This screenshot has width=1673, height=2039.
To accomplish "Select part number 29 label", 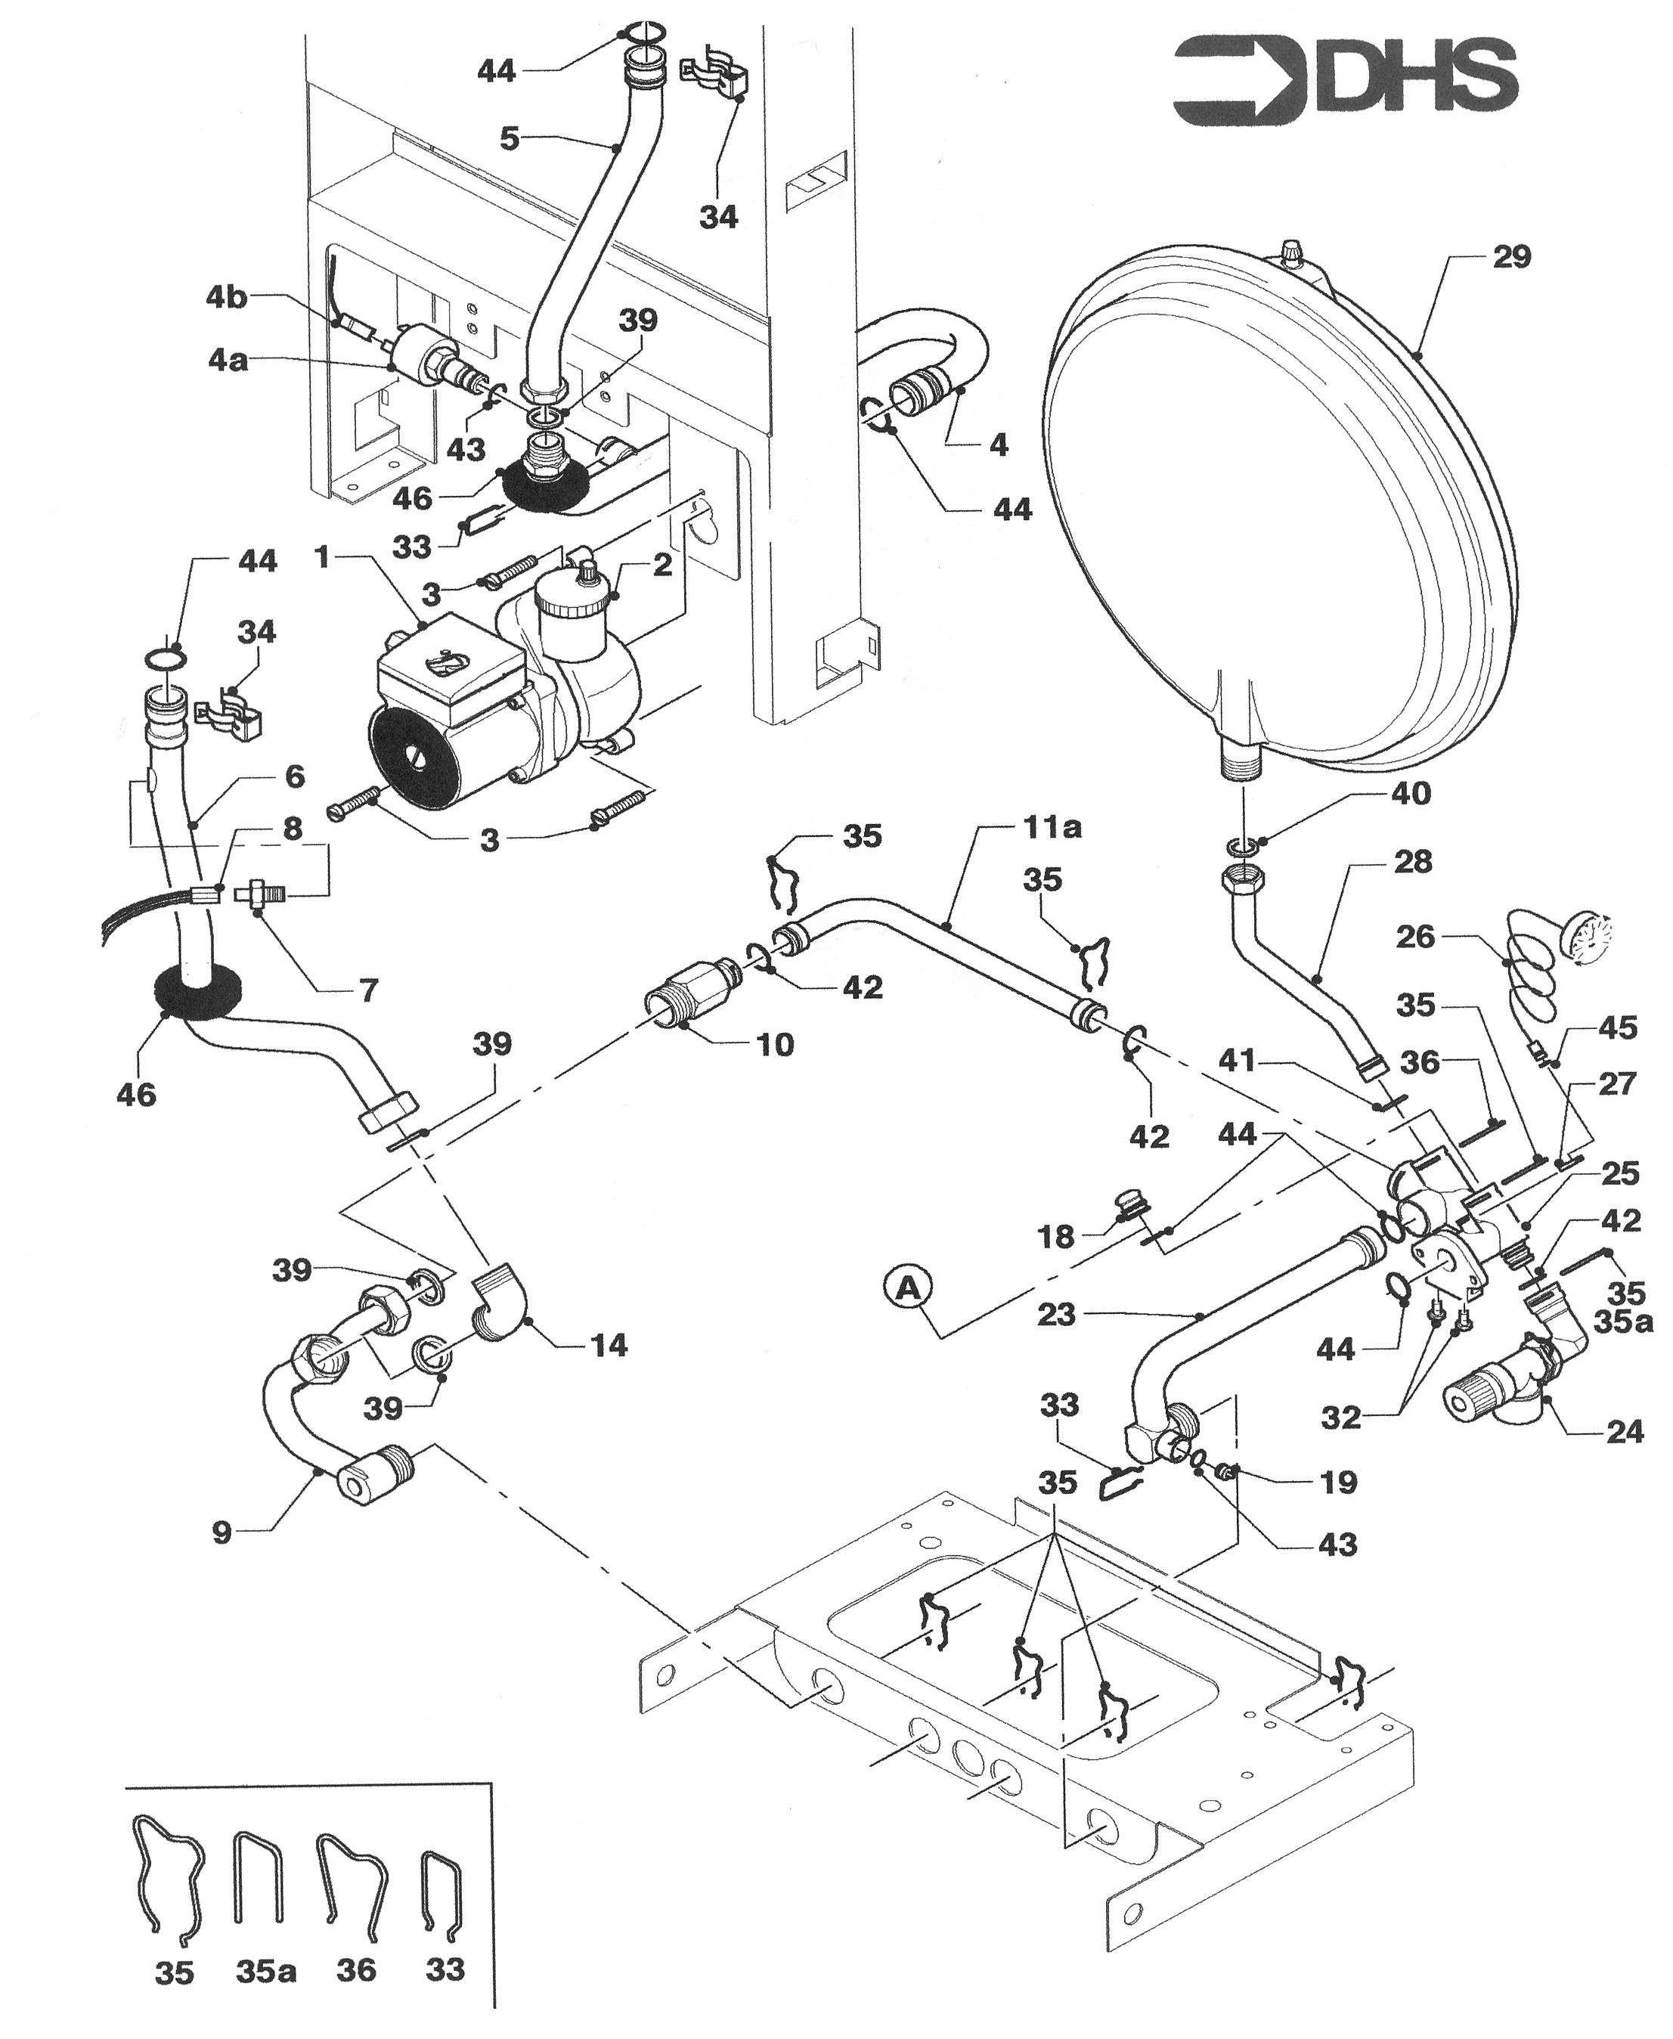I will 1511,256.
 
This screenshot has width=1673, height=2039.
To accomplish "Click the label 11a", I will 1052,827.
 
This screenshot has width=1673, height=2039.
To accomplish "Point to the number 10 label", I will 775,1045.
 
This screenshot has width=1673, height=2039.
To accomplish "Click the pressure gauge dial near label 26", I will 1585,936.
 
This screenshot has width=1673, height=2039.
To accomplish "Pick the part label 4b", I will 227,297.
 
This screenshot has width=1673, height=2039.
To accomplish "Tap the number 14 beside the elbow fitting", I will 608,1345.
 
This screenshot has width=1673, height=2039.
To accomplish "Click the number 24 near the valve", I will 1624,1432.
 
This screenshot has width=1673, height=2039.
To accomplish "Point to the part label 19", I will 1337,1482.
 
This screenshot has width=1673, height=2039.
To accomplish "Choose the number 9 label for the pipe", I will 222,1532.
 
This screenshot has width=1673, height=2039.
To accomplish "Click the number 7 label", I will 368,990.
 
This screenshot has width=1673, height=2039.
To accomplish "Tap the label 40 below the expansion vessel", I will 1411,793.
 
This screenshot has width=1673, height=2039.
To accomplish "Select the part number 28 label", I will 1413,860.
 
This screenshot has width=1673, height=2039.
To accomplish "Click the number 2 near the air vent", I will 662,565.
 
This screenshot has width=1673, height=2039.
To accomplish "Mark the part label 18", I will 1055,1238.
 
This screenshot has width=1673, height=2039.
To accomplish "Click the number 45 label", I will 1617,1027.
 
